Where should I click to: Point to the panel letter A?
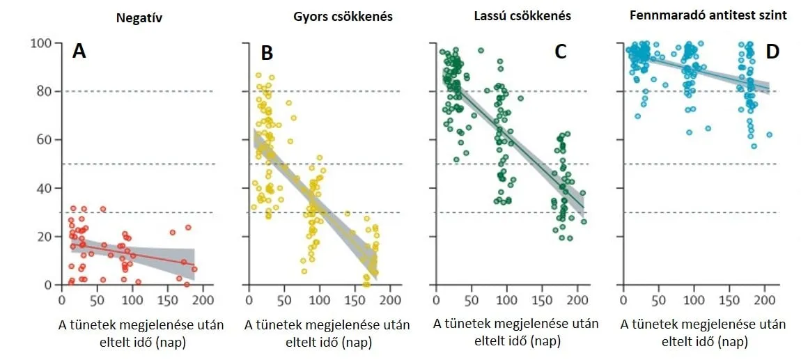point(79,51)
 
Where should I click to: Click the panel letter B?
point(267,52)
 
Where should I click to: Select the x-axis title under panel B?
point(328,334)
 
